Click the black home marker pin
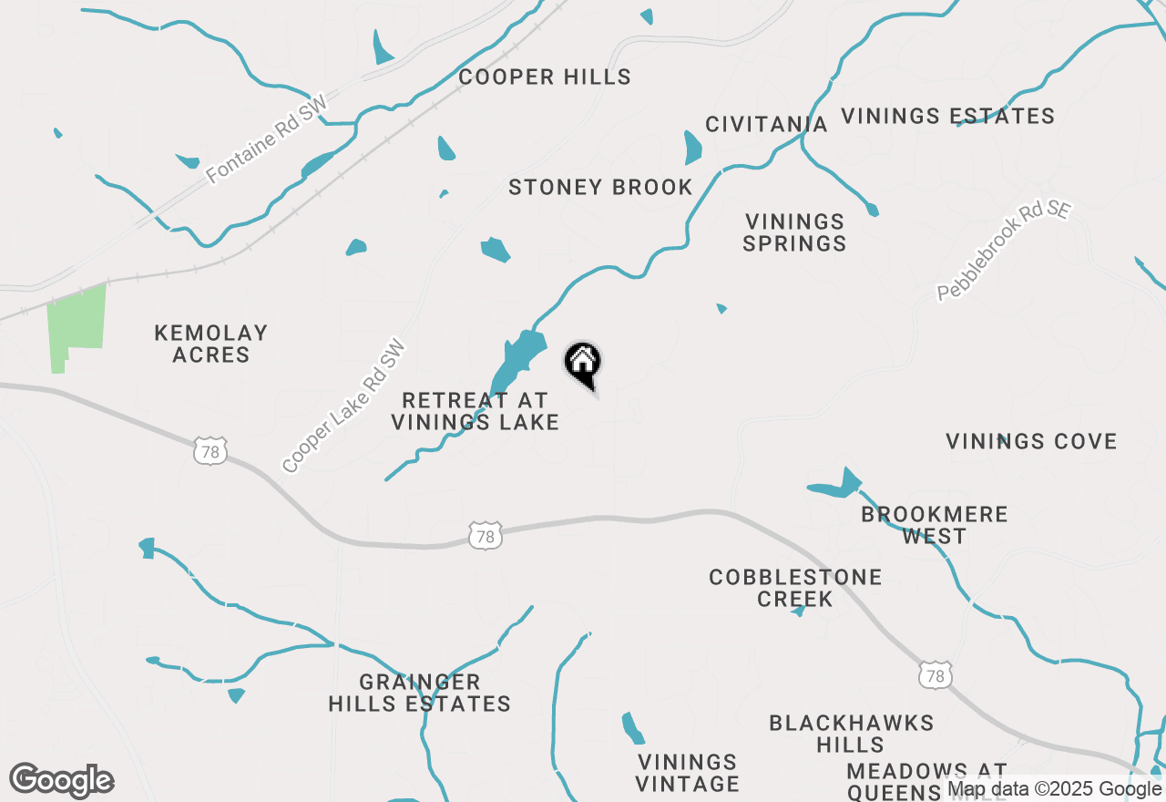click(583, 363)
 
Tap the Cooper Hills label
click(545, 77)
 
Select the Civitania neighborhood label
click(766, 124)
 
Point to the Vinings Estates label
click(947, 117)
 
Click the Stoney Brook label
click(600, 188)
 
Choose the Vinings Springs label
click(795, 232)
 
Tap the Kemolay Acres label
click(211, 344)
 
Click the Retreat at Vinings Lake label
click(475, 411)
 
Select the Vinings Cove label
click(1031, 442)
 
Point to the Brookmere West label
click(935, 525)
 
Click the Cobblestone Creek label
click(795, 588)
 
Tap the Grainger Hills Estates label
click(419, 693)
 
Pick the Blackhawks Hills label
click(851, 734)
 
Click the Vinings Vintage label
click(688, 773)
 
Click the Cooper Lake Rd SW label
click(343, 406)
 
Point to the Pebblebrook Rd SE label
click(1004, 251)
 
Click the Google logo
click(62, 781)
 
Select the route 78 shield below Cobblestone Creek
click(936, 675)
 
